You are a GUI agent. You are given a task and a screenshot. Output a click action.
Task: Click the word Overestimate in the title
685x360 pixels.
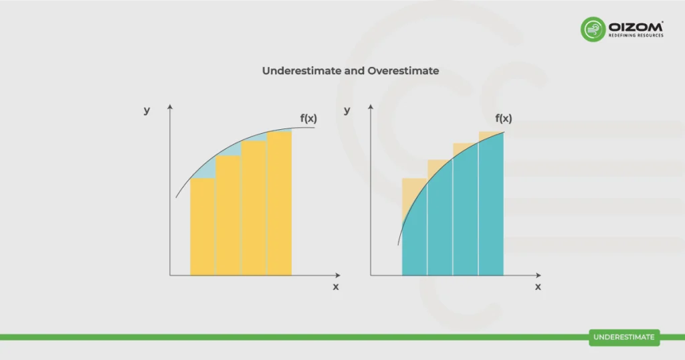[x=403, y=70]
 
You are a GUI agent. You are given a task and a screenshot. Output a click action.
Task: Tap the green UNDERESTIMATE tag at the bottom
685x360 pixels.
[x=624, y=337]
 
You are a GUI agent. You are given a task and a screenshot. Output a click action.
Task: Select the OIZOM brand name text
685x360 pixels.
[x=635, y=26]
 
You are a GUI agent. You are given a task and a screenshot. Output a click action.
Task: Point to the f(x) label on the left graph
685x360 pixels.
[x=308, y=118]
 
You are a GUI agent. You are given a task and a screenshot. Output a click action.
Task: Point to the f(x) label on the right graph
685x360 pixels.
[x=504, y=118]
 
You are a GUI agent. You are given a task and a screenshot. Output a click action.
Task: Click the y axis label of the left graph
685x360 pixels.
[x=146, y=110]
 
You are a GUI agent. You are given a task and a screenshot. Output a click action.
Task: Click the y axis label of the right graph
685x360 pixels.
[x=347, y=110]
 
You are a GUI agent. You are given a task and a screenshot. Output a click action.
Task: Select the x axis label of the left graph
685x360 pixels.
[x=336, y=286]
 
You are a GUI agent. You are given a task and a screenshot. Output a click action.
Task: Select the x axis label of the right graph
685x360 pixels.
[x=538, y=286]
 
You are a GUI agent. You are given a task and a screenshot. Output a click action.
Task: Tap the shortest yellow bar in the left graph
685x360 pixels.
[x=203, y=227]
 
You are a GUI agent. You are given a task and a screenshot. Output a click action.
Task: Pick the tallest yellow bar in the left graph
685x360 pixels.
[x=279, y=203]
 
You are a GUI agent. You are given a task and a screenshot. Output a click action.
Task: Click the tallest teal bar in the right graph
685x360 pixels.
[x=491, y=207]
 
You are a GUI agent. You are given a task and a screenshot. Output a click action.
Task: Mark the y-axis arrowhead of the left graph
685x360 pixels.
[x=170, y=107]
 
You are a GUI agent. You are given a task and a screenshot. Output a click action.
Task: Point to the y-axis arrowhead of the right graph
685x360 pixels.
[x=371, y=107]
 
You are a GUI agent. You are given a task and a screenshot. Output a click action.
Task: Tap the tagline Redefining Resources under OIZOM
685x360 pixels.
[x=635, y=35]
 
